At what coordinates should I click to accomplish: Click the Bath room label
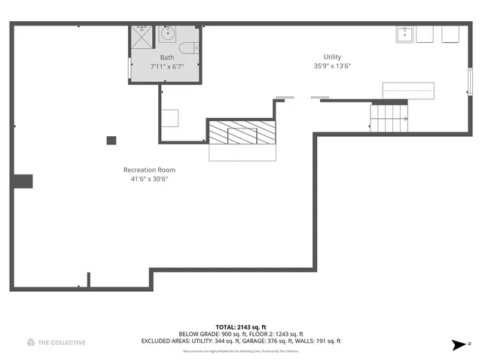coord(166,57)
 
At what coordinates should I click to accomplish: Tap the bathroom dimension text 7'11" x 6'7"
coord(166,66)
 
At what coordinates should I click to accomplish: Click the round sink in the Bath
coord(168,34)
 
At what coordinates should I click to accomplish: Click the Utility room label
coord(332,57)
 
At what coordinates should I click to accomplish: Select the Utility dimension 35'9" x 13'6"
coord(332,66)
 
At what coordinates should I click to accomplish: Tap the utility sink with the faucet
coord(405,35)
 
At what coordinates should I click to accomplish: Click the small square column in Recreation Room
coord(111,140)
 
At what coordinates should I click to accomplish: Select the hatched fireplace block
coord(243,134)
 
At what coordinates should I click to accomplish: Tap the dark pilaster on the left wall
coord(22,180)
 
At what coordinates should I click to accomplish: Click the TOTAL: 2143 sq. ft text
coord(241,327)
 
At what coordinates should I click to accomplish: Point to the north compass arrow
coord(457,345)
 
